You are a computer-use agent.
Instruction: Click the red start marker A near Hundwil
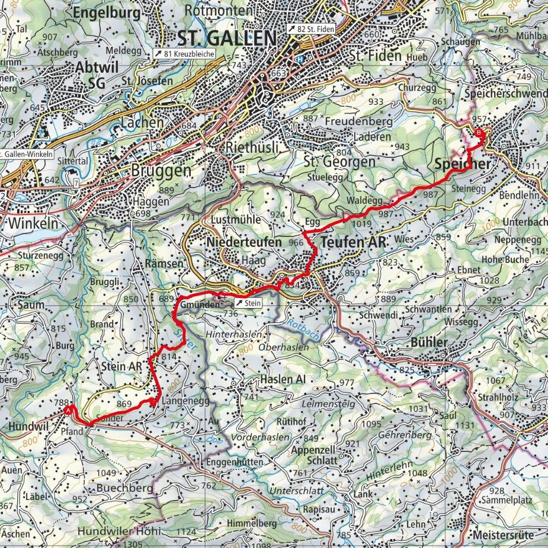69,409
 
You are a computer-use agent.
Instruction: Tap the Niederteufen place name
244,242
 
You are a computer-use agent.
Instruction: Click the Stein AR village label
121,366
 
